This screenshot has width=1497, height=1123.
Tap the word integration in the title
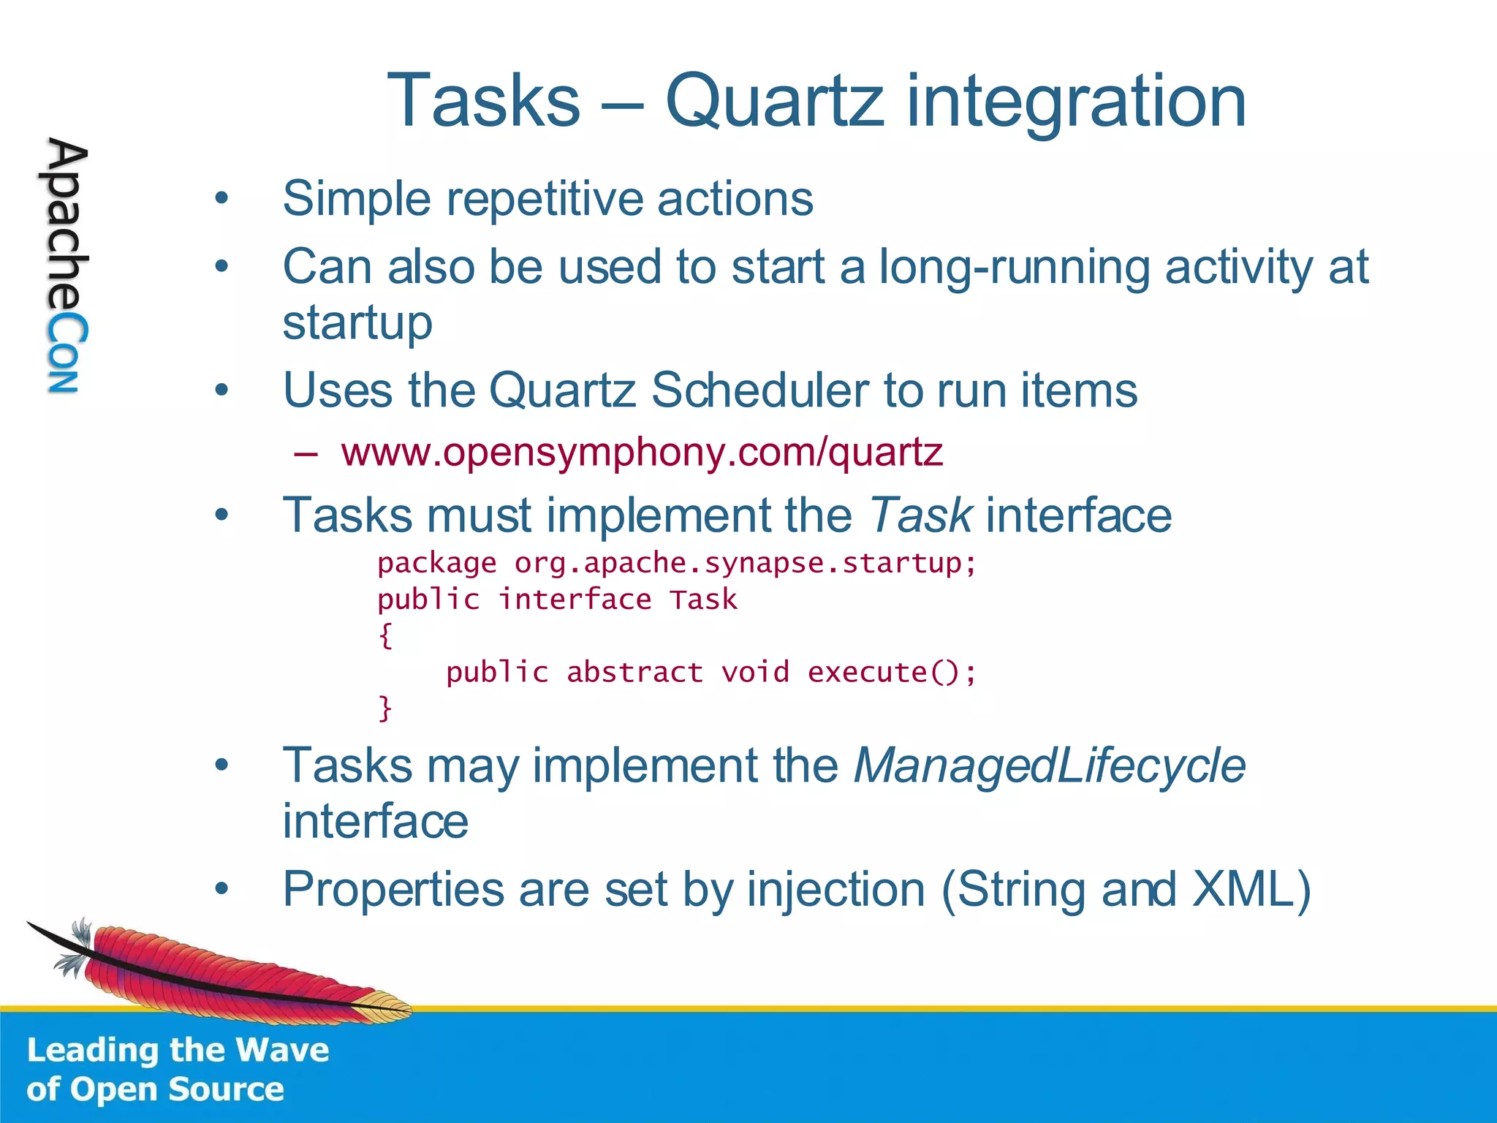tap(1076, 102)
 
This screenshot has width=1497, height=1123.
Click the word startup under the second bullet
tap(357, 322)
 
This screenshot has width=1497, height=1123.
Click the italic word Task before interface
tap(920, 515)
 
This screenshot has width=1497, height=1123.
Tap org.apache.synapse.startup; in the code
tap(745, 563)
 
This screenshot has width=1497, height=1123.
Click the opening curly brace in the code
tap(385, 635)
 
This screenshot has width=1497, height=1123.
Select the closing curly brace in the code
tap(385, 708)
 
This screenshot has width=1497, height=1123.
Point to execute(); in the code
tap(891, 672)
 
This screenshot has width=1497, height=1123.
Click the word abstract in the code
tap(634, 672)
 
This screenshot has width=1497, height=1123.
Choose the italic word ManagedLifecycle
tap(1049, 766)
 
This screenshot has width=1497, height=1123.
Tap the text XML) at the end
tap(1251, 890)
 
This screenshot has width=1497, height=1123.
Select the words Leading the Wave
tap(178, 1051)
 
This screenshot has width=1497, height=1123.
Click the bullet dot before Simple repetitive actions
tap(221, 198)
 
